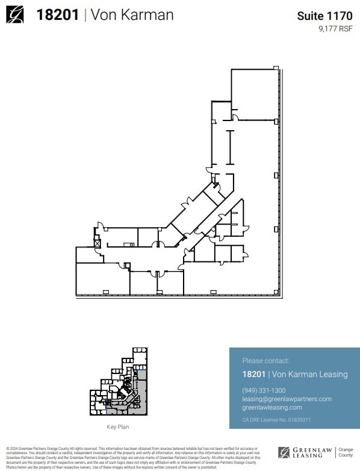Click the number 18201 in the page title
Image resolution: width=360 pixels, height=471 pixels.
(x=58, y=15)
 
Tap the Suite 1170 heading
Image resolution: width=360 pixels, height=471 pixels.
(x=324, y=16)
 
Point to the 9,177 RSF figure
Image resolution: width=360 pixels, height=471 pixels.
(x=335, y=28)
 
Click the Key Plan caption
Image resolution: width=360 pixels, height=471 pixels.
(x=117, y=427)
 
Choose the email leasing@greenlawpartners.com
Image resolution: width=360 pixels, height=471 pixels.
(x=287, y=399)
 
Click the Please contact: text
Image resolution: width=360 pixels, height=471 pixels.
(x=265, y=361)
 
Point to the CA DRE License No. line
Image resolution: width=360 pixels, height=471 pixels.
(x=276, y=420)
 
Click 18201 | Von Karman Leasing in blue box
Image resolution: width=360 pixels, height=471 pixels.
(x=294, y=374)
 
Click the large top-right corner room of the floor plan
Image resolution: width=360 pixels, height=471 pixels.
(x=254, y=93)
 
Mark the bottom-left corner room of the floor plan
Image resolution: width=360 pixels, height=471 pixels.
(x=102, y=279)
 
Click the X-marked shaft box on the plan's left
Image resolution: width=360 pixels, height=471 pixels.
(x=96, y=243)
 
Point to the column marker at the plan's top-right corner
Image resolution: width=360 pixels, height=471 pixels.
(x=276, y=68)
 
